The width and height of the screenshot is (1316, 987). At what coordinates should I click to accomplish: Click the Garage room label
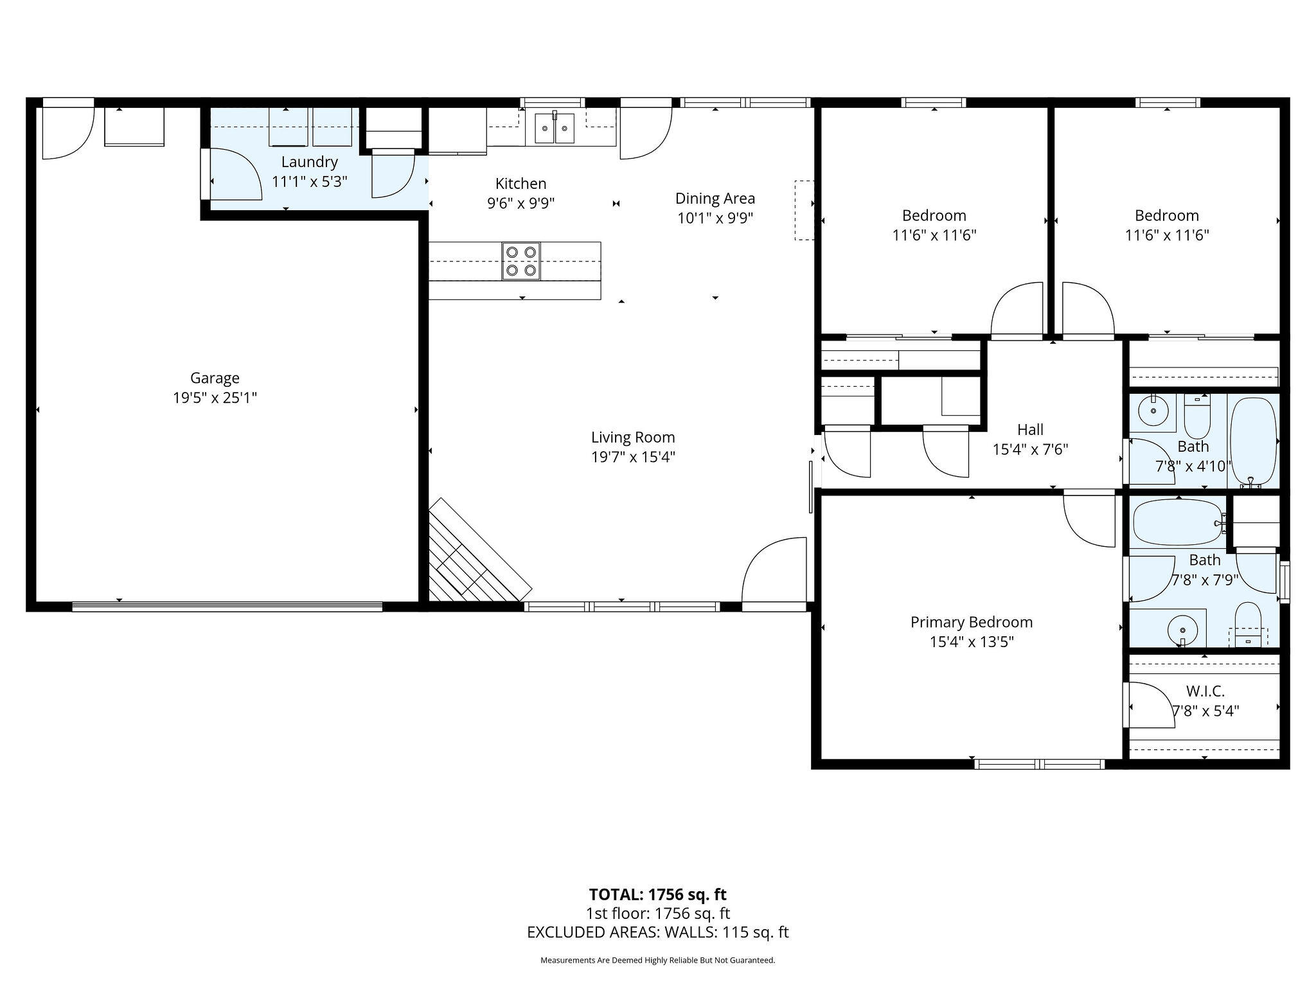(x=215, y=378)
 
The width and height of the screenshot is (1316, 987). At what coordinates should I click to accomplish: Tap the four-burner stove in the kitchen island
(x=521, y=262)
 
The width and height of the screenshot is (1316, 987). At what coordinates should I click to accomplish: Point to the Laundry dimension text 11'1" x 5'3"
(x=310, y=182)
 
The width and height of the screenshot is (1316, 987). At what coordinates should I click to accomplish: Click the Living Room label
(x=633, y=438)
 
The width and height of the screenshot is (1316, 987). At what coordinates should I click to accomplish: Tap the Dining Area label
(x=715, y=199)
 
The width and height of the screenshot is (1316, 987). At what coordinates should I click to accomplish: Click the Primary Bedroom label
(x=972, y=622)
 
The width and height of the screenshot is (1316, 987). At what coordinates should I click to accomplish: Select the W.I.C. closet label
(x=1205, y=691)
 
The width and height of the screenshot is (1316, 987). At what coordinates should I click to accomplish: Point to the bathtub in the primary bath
(x=1178, y=523)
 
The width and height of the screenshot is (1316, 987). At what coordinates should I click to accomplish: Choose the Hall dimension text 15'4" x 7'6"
(x=1031, y=449)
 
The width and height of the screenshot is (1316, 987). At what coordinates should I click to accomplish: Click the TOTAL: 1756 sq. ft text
(x=658, y=894)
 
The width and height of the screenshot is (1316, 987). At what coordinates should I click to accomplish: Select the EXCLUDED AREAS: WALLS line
(x=658, y=932)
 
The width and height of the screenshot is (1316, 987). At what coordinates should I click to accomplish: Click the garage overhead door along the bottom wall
(x=227, y=606)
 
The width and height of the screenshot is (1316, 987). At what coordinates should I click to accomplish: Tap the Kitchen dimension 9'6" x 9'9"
(x=521, y=204)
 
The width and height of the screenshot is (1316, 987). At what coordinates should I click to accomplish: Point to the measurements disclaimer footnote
(x=658, y=961)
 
